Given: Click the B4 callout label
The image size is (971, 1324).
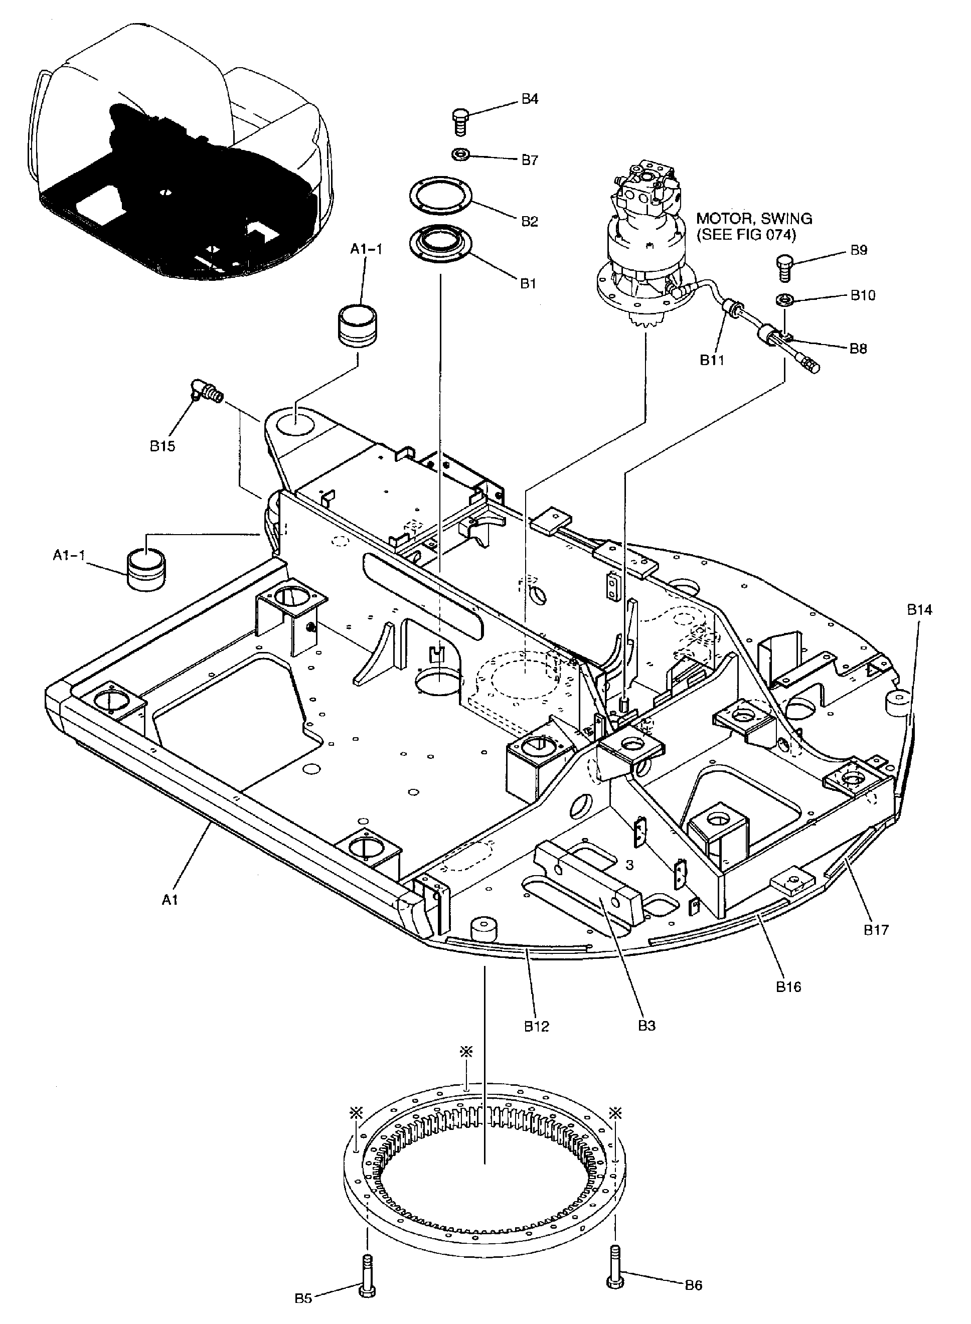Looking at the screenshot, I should point(529,99).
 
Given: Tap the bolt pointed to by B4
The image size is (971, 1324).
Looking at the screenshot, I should point(459,122).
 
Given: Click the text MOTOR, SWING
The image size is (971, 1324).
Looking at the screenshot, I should point(754,219).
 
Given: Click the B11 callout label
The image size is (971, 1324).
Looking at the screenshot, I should point(712,360).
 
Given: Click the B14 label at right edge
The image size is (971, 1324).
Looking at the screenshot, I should point(919,610).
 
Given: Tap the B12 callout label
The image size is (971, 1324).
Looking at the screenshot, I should point(536,1026).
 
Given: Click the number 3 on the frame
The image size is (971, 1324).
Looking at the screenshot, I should point(629,865).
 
